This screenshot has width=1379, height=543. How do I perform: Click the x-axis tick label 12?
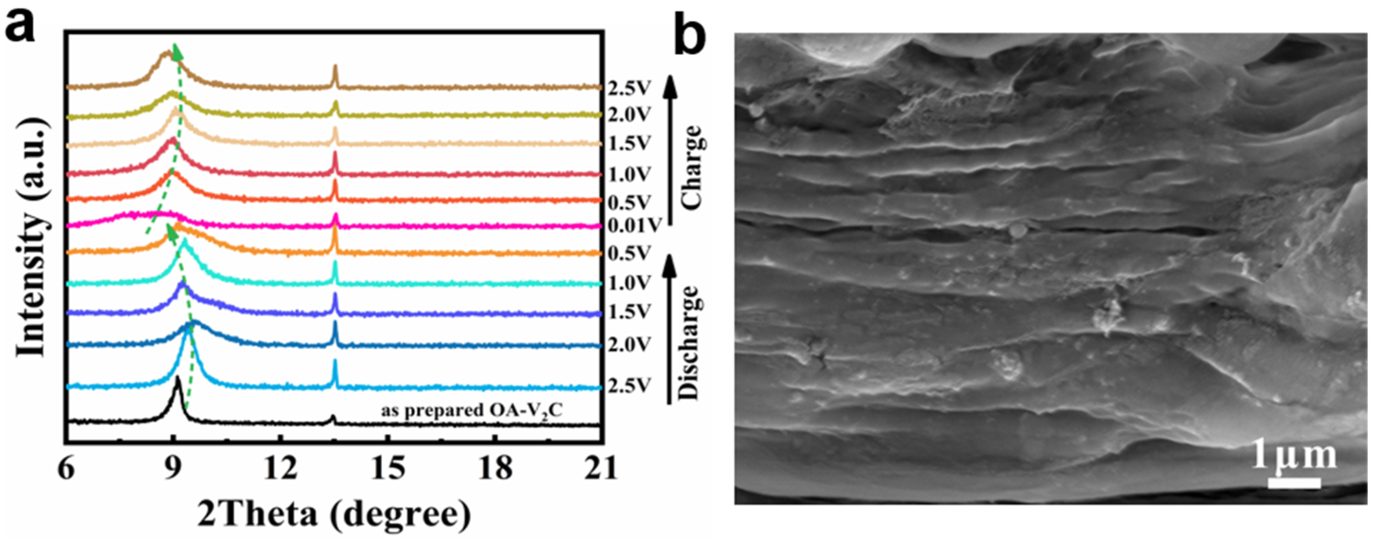point(282,470)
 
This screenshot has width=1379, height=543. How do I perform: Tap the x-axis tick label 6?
point(66,470)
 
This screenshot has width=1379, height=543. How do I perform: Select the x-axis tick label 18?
point(497,470)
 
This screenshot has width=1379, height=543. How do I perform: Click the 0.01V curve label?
point(635,226)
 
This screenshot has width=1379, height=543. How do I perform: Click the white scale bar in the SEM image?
point(1294,483)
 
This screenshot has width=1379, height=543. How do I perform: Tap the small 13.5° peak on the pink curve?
point(336,218)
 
